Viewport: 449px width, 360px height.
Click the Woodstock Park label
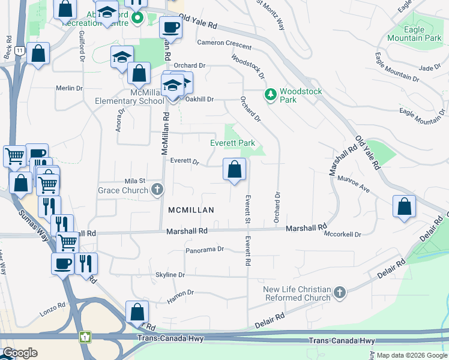(x=301, y=95)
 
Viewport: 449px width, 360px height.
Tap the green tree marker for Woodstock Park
(x=271, y=95)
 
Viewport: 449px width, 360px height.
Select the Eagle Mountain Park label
(x=414, y=34)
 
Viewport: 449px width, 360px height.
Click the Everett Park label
(x=232, y=143)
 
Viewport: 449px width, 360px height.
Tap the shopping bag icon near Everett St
(x=235, y=170)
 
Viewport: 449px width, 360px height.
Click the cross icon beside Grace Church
(x=157, y=190)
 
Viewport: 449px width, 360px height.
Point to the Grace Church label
(x=122, y=191)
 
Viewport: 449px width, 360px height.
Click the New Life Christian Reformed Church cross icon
(x=340, y=293)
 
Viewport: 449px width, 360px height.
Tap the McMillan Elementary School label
(x=130, y=97)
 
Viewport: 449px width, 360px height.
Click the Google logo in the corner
(x=19, y=353)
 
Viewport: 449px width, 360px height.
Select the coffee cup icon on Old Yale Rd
(x=170, y=28)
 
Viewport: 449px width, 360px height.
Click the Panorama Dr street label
(x=204, y=249)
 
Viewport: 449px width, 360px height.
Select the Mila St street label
(x=135, y=181)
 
